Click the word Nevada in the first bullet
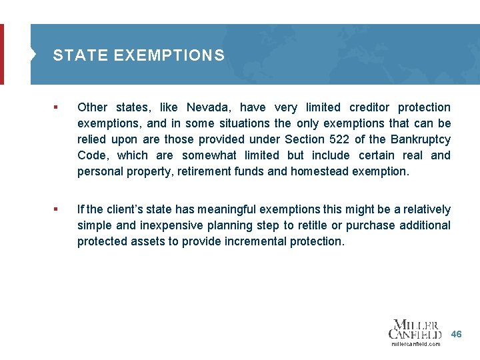207,107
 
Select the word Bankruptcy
419,139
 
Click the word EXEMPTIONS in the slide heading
169,55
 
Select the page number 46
456,333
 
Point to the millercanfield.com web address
415,344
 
